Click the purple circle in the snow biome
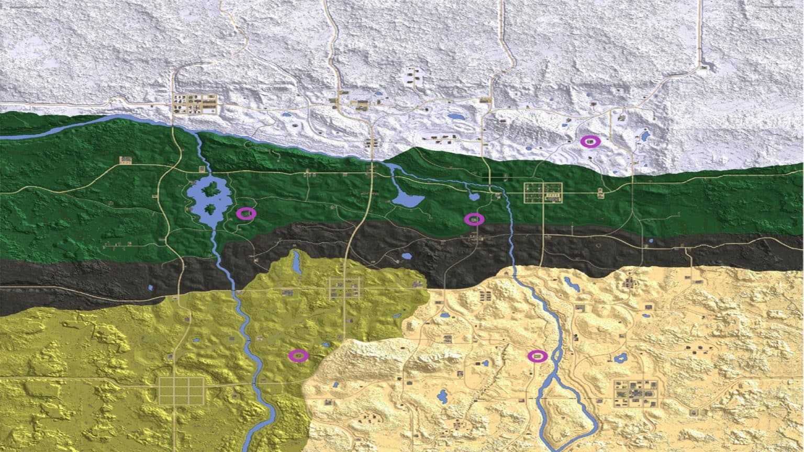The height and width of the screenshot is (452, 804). point(590,141)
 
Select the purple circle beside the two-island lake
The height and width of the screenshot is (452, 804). point(246,213)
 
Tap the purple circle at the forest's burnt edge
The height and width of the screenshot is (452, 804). point(474,219)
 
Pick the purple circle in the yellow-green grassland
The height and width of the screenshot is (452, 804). point(298,356)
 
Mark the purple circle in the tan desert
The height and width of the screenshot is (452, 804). point(537,356)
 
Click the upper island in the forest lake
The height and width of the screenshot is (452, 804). point(211,189)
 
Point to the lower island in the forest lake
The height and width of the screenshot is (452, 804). point(210,210)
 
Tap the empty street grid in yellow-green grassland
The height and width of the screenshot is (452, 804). point(181,391)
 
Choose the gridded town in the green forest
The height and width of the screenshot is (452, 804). point(543,193)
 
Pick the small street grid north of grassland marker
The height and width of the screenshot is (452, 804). point(344,288)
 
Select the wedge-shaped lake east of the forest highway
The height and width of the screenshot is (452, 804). point(407,199)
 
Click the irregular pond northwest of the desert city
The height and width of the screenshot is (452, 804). point(621,358)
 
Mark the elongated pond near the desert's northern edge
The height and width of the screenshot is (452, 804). point(572,284)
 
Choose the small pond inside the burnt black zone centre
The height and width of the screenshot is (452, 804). point(407,257)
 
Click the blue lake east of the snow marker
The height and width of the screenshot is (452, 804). point(645,136)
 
